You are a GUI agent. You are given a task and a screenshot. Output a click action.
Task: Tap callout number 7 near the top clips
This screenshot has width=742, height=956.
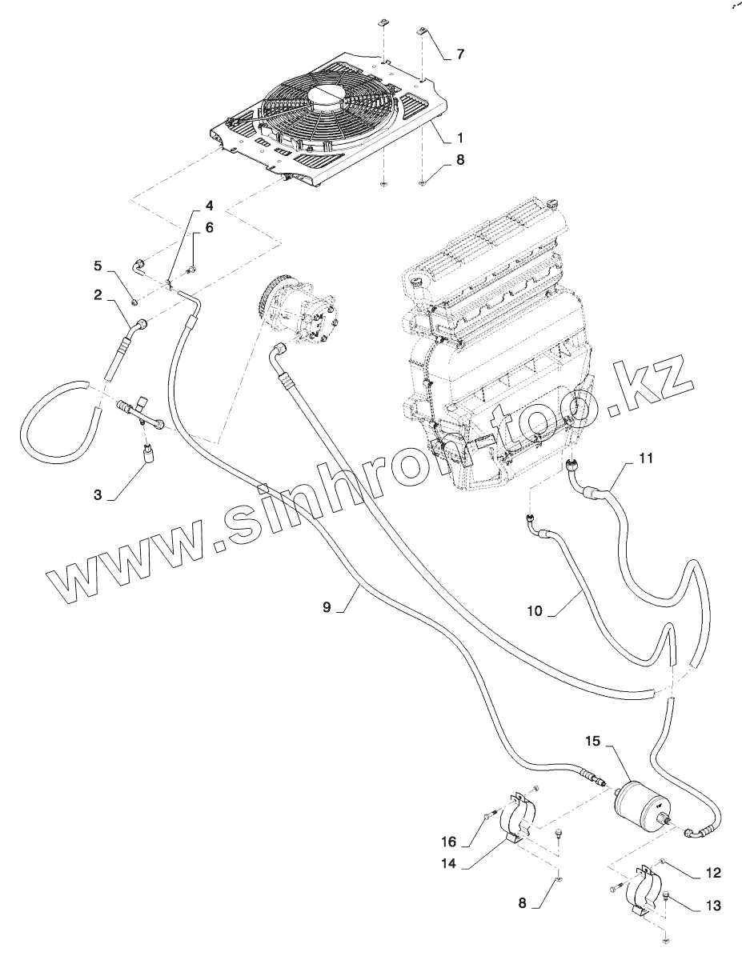460,54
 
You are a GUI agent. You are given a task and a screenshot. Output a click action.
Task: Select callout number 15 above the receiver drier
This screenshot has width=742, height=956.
593,742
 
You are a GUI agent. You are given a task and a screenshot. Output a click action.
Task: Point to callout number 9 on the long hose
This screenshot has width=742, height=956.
327,607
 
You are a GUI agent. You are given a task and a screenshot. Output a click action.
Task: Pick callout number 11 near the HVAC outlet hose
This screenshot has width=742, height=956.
647,458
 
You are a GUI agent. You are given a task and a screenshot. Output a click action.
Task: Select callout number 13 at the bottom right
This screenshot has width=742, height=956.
714,906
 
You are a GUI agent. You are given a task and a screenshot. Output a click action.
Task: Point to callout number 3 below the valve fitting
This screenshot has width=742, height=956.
98,495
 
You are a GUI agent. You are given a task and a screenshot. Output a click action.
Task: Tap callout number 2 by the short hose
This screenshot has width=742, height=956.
98,295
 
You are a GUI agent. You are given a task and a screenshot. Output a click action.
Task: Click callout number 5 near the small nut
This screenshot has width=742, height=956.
98,265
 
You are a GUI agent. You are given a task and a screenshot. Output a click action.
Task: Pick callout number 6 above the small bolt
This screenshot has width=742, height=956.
210,228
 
